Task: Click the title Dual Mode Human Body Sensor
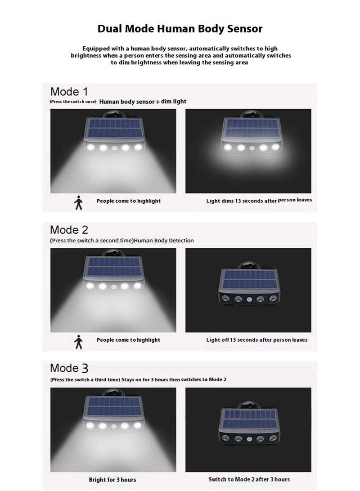point(180,29)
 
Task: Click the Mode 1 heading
point(69,92)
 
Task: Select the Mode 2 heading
point(69,230)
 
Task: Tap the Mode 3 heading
point(69,368)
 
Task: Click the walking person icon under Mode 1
point(79,204)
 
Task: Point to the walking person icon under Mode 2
point(79,342)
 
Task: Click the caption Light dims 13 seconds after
point(241,201)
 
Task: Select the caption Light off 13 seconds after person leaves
point(256,340)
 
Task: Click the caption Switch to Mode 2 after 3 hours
point(249,479)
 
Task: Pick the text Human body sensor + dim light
point(143,102)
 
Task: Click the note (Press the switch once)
point(73,102)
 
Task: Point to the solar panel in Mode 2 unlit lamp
point(248,280)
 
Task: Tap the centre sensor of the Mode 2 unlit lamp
point(248,299)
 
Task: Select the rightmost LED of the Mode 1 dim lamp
point(274,147)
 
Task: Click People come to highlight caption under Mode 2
point(128,340)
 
